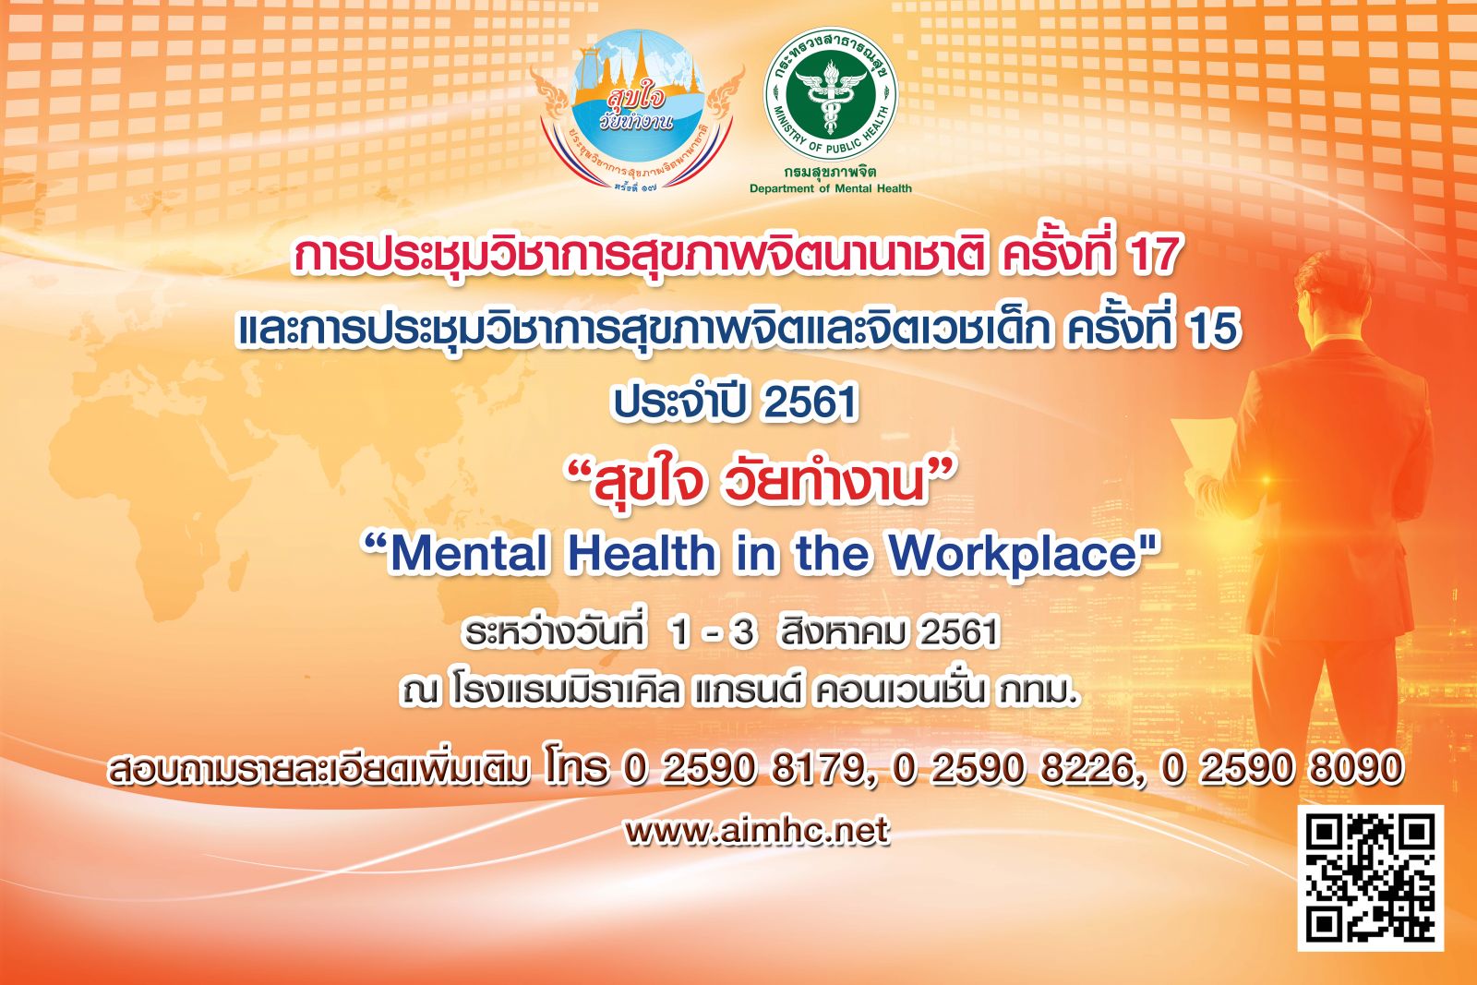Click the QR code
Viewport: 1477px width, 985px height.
[1371, 878]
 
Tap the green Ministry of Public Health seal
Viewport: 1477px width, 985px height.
[830, 96]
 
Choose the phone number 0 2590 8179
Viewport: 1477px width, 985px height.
[742, 769]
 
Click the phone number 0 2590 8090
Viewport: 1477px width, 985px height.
[1282, 769]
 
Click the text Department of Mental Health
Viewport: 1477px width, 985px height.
[830, 188]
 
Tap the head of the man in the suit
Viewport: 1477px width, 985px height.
[1339, 289]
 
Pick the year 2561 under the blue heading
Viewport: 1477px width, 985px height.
[811, 402]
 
